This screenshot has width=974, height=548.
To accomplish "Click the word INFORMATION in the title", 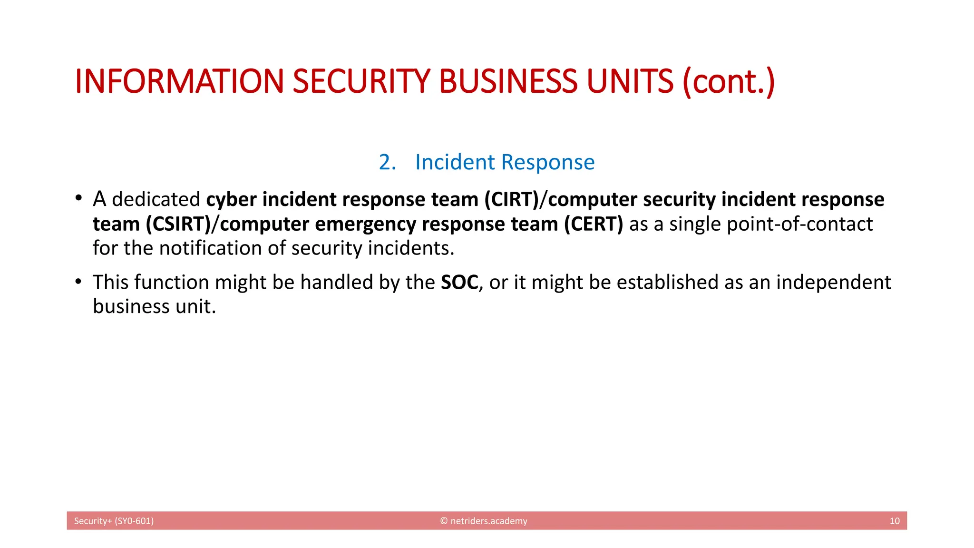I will click(x=180, y=81).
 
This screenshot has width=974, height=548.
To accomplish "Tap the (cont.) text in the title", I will click(x=729, y=81).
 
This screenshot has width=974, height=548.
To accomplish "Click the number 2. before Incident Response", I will click(x=387, y=162).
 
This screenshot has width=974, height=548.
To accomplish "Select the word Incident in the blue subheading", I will click(x=455, y=162).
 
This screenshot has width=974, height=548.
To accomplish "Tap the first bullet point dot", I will click(x=78, y=198).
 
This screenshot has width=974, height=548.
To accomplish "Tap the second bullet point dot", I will click(x=78, y=282).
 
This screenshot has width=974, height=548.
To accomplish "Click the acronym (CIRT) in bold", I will click(x=511, y=199).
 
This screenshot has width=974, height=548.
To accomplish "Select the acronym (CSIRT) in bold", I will click(x=178, y=224).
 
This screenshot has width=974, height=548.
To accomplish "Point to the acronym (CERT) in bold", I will click(x=593, y=224).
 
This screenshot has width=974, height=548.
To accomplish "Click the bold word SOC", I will click(x=459, y=282).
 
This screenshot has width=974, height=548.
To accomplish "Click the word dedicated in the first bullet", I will click(x=156, y=199).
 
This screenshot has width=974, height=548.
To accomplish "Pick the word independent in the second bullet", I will click(x=833, y=282).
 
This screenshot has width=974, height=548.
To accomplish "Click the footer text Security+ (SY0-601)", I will click(x=114, y=521).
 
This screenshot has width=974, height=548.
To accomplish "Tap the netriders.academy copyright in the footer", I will click(x=484, y=521).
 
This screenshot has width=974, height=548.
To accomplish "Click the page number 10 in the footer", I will click(x=894, y=521).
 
